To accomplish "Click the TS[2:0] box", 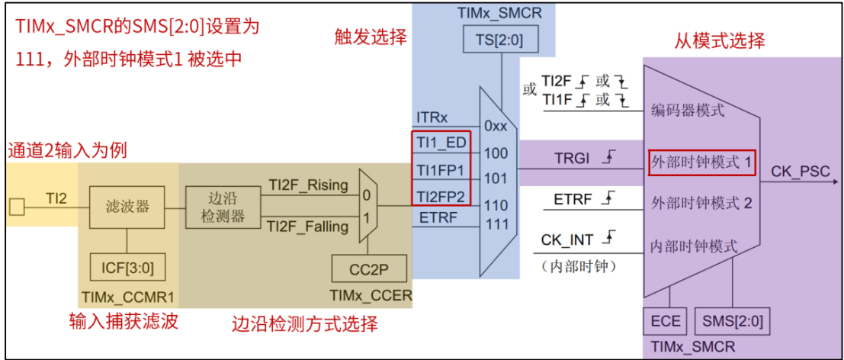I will [500, 38].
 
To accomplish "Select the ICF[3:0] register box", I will [127, 268].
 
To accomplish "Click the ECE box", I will [666, 321].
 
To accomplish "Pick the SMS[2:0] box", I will [731, 321].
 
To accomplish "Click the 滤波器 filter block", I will [127, 205].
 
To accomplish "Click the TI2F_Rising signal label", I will [308, 185].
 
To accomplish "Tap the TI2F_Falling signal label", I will [308, 226].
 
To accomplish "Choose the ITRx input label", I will [432, 117].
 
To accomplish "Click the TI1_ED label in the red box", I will [441, 142].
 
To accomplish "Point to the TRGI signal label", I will [572, 159].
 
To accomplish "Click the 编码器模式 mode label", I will [688, 111].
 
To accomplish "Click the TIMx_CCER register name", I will [371, 294].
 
